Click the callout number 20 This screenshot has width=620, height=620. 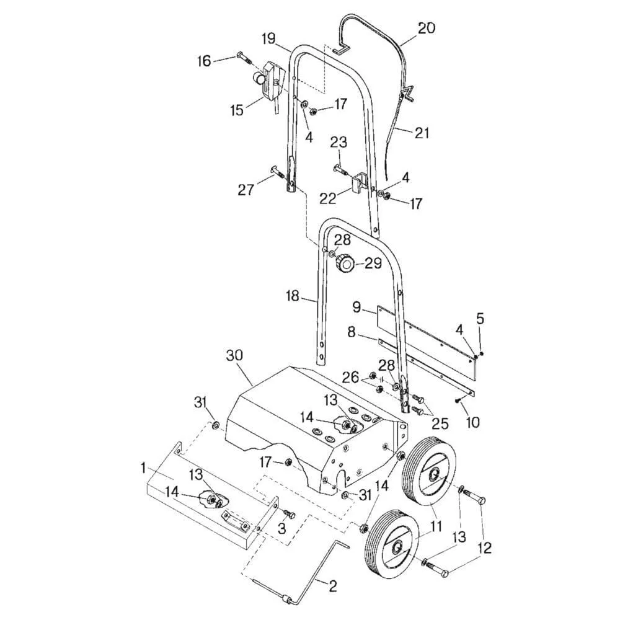[x=426, y=28]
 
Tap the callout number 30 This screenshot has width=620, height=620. [x=234, y=355]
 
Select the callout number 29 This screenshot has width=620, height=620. [x=373, y=263]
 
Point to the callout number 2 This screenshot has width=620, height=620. [x=333, y=586]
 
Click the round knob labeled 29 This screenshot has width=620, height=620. [x=345, y=265]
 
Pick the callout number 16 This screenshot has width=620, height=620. [x=205, y=60]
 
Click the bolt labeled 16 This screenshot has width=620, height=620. [x=243, y=58]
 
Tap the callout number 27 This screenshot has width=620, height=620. [x=246, y=189]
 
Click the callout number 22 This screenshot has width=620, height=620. [x=327, y=198]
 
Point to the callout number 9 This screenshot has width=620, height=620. [x=356, y=306]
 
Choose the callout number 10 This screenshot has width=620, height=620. [x=472, y=422]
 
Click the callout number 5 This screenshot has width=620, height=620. [x=480, y=319]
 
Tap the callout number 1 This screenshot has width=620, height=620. [x=143, y=465]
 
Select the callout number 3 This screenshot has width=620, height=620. [x=281, y=528]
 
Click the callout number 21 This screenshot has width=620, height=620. [x=422, y=133]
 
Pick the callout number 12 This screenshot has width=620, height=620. [x=484, y=547]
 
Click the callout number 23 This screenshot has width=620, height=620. [x=338, y=142]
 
